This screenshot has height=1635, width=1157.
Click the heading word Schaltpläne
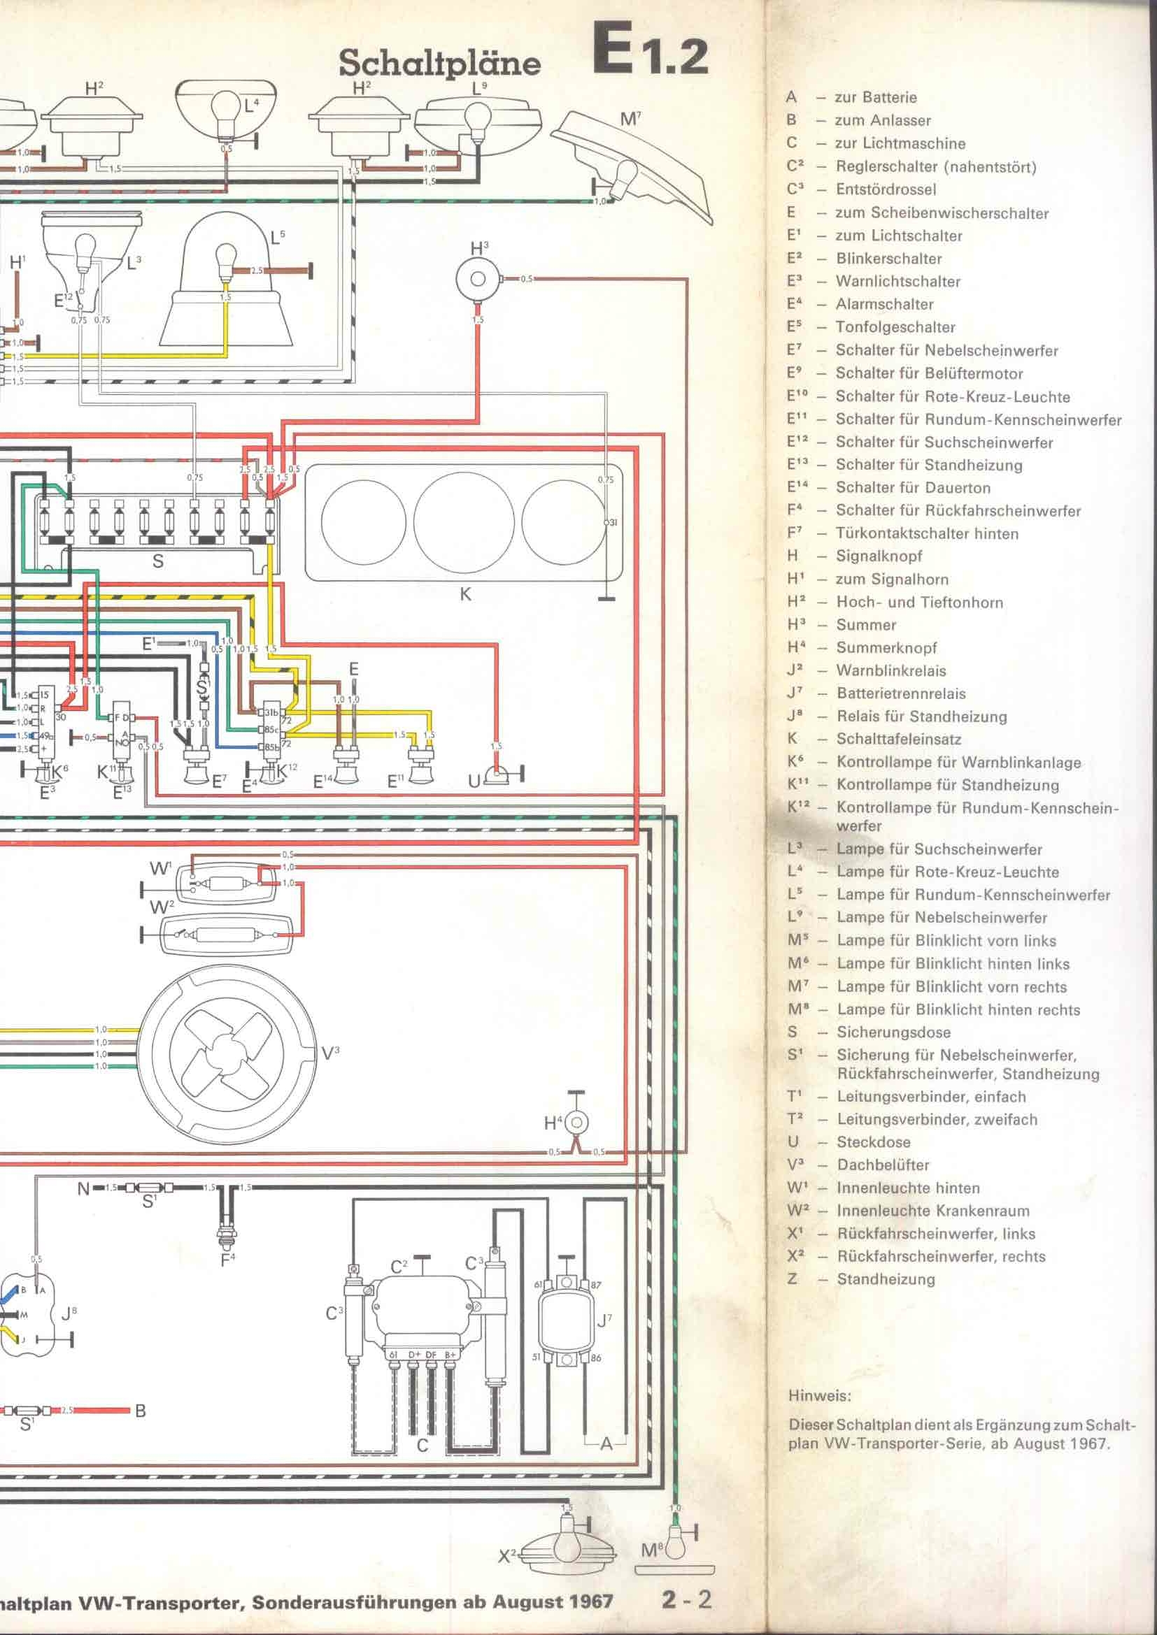(439, 64)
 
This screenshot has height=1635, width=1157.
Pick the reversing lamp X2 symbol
(567, 1537)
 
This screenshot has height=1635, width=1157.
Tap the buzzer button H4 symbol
(577, 1123)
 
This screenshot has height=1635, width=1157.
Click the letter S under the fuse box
(157, 561)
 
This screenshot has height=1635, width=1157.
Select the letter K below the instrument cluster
(465, 593)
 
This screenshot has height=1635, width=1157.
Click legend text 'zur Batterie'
(876, 98)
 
